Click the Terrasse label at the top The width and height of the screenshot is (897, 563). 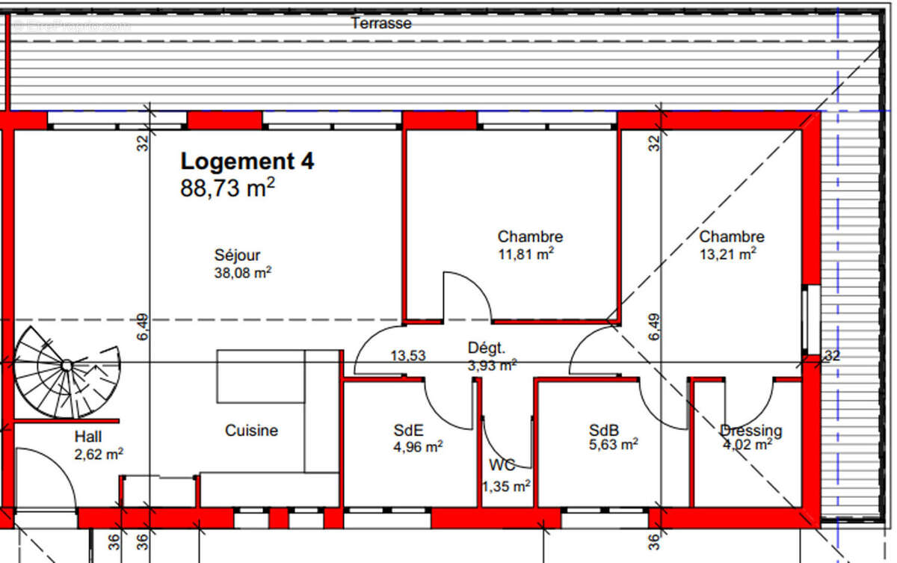pos(381,23)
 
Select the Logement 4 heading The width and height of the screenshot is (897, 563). pos(247,161)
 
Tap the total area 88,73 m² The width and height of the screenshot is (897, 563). pos(227,188)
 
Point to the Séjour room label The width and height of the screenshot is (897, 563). pos(237,256)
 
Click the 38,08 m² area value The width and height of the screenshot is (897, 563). pos(242,274)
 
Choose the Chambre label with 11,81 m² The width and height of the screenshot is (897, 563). pos(530,237)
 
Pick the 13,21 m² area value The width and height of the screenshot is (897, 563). pos(727,254)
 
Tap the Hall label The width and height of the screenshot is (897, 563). pos(88,437)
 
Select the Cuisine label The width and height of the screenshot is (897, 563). pos(251,431)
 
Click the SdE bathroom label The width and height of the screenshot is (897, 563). pos(409,431)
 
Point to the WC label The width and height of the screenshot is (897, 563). pos(502,465)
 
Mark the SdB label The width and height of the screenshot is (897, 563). pos(603,431)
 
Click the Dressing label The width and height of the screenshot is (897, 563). pos(750,431)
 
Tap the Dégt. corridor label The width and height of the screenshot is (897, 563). pos(487,348)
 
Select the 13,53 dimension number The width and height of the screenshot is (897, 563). pos(408,356)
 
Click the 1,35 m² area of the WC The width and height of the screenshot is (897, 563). pos(506,486)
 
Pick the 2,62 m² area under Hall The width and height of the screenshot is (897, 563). pos(99,454)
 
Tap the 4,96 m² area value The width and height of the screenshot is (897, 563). pos(418,446)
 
